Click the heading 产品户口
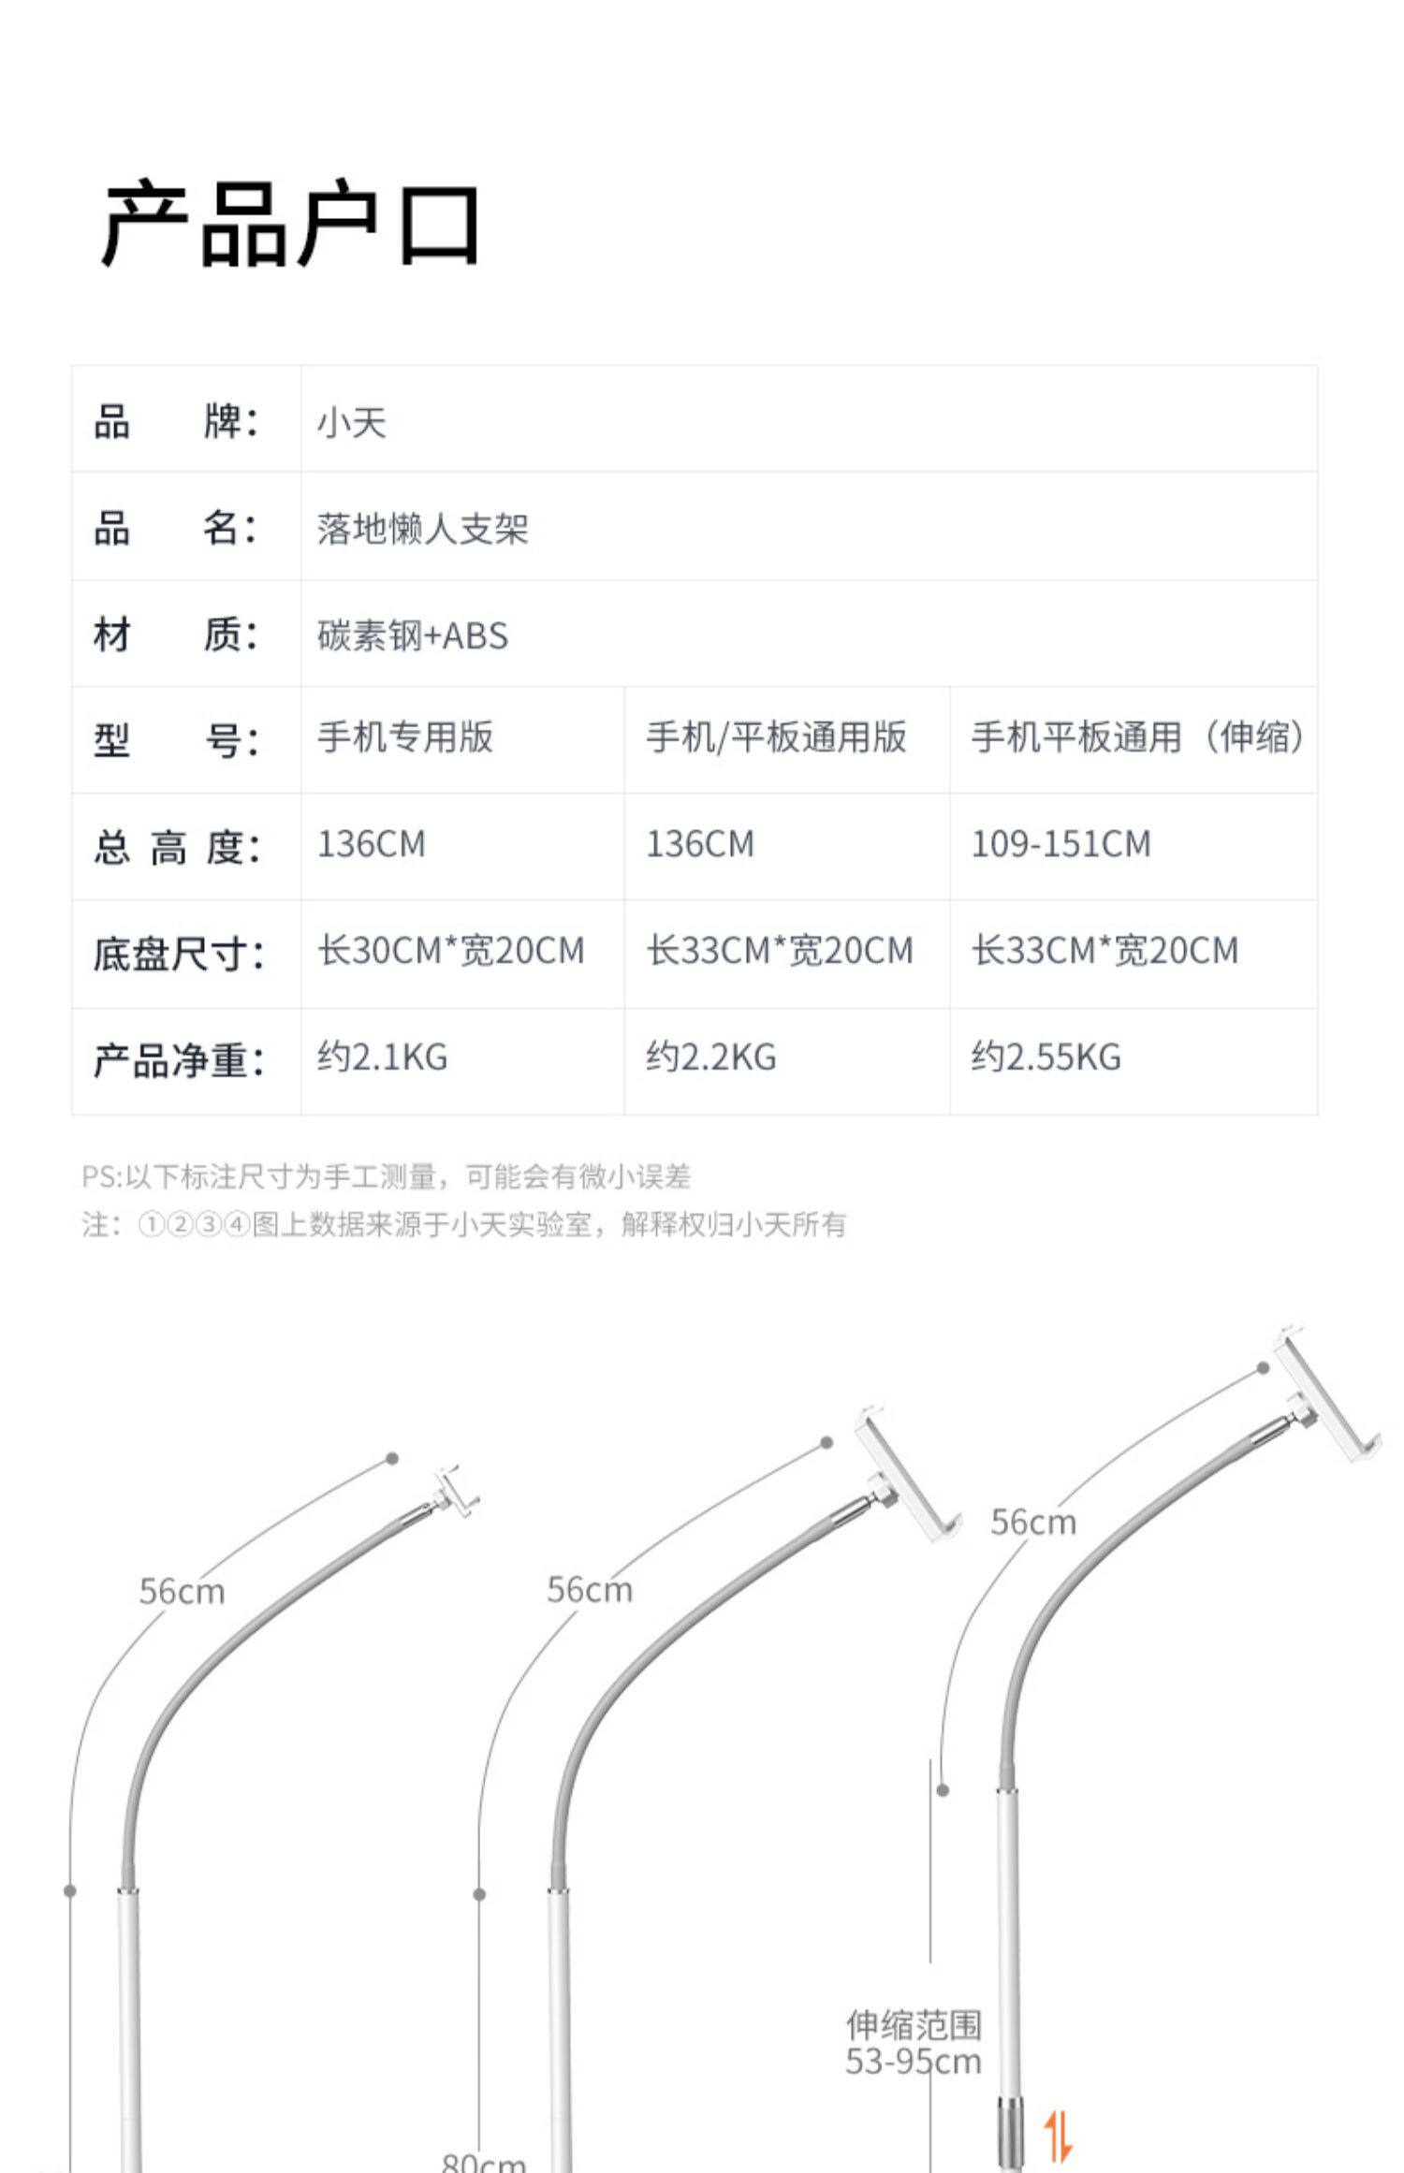click(x=291, y=225)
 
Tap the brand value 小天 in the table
click(x=352, y=423)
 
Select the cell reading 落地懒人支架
click(x=422, y=530)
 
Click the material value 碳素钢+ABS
click(x=413, y=636)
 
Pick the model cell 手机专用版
click(x=405, y=737)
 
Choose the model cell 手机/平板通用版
click(x=776, y=737)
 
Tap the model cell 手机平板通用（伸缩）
click(x=1137, y=737)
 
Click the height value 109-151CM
click(x=1060, y=844)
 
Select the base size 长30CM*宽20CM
click(x=451, y=951)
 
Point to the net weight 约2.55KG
click(x=1046, y=1057)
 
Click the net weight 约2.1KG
click(x=383, y=1057)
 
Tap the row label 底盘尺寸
click(x=179, y=955)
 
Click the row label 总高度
click(x=177, y=848)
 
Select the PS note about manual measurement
click(x=387, y=1176)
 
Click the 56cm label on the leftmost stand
click(x=182, y=1591)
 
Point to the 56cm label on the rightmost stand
click(x=1033, y=1523)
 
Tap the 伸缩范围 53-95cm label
click(x=914, y=2043)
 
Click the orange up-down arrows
click(x=1059, y=2136)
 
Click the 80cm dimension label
click(x=484, y=2162)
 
